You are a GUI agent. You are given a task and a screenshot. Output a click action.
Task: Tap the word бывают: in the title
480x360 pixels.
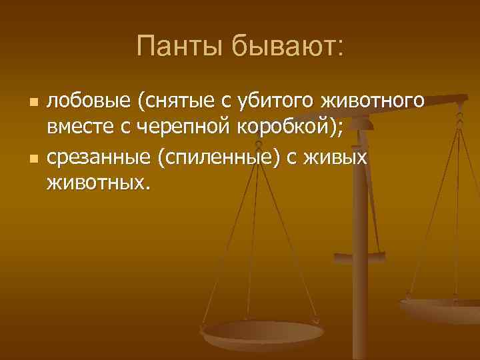coord(287,47)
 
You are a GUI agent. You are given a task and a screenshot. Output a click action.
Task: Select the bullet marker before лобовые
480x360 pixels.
coord(35,103)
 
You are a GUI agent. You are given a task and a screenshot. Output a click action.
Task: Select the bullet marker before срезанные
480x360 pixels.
coord(35,159)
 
